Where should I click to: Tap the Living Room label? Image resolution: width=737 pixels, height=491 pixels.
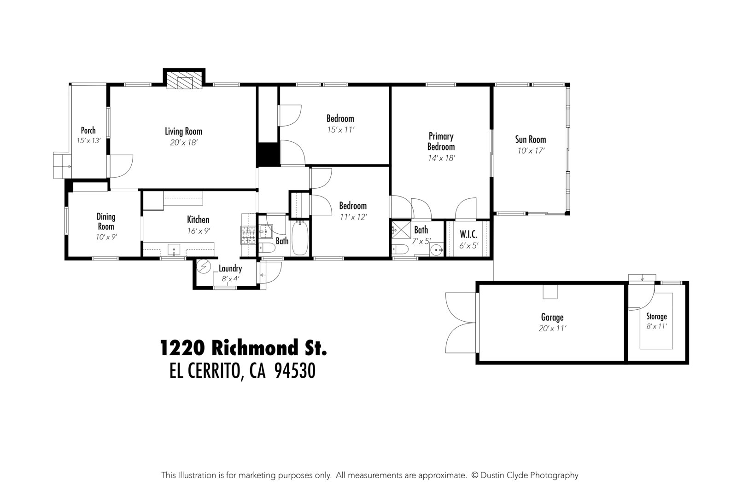pos(183,132)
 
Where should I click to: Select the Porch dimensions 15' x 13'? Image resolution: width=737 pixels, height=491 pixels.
pos(88,141)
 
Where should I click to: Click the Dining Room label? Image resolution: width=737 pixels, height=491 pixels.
pos(106,221)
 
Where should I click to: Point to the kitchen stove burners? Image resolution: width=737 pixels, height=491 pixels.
pos(248,235)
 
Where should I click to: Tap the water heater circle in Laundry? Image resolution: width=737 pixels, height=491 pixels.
pos(203,267)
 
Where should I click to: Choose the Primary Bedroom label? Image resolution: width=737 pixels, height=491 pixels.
pos(441,141)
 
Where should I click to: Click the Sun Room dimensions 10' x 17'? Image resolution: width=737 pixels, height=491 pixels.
pos(530,150)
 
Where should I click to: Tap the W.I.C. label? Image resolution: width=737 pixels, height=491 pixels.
pos(468,235)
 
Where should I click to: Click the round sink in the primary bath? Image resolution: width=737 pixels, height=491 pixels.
pos(436,250)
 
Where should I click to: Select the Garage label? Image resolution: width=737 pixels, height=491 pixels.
pos(552,318)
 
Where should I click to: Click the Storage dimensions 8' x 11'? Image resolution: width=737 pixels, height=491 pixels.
pos(656,326)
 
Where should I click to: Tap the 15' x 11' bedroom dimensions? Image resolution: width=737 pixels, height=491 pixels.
pos(340,130)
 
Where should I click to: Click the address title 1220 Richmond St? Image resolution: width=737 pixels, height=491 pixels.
pos(243,348)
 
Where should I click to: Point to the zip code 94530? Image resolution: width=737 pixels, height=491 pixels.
pos(294,371)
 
